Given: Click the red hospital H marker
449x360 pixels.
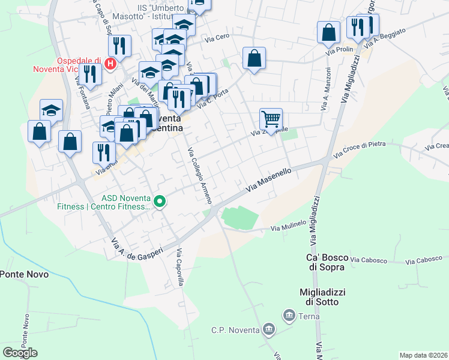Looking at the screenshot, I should (110, 63).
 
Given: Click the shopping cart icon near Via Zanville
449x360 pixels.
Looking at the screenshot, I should (271, 119).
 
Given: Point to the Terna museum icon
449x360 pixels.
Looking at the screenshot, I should (289, 315).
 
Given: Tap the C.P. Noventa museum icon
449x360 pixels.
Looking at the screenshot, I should (268, 329).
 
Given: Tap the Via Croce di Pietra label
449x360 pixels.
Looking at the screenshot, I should (360, 149).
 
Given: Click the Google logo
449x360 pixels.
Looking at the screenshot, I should (20, 353).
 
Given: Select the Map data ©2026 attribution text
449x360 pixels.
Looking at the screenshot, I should (423, 355).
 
